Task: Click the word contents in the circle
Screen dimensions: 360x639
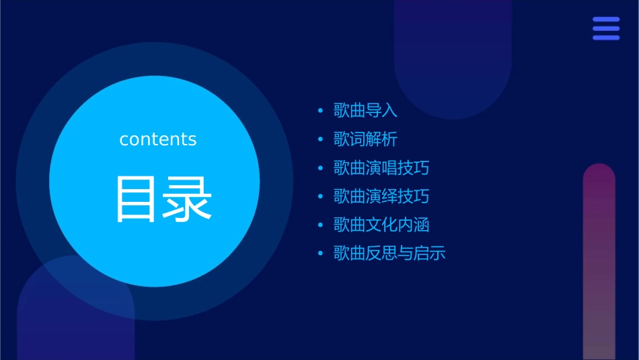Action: (158, 139)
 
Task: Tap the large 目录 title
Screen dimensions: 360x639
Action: (163, 199)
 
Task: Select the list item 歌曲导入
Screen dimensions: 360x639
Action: (365, 110)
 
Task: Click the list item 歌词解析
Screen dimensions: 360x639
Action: (365, 139)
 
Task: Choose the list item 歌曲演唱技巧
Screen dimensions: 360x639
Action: (381, 168)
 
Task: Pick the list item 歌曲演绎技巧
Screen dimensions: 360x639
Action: (381, 196)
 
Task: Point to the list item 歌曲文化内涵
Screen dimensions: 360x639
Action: (381, 225)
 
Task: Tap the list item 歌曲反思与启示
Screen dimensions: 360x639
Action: (389, 254)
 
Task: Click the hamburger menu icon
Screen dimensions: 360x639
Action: (606, 28)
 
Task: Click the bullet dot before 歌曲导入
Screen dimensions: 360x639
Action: (320, 110)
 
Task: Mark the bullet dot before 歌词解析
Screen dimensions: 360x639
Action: (320, 139)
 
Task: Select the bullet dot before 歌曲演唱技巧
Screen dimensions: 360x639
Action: (320, 168)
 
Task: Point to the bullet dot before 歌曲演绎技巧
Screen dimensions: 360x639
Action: (320, 196)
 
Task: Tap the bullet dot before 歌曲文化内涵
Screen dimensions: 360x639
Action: (320, 225)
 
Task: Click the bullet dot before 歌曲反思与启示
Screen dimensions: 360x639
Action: (320, 254)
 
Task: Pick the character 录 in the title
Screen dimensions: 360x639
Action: (188, 199)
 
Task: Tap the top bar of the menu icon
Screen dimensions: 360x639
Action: (606, 20)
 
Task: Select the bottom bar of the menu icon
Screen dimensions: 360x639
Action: (606, 38)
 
